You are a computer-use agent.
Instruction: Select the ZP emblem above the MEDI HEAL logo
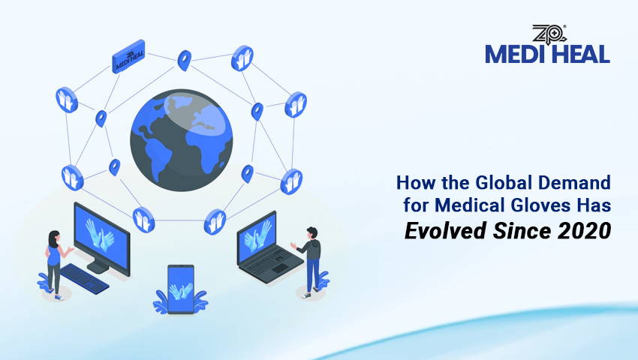(546, 34)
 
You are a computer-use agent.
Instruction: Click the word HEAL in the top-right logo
(579, 54)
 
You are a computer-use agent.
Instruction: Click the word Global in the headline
(491, 182)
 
